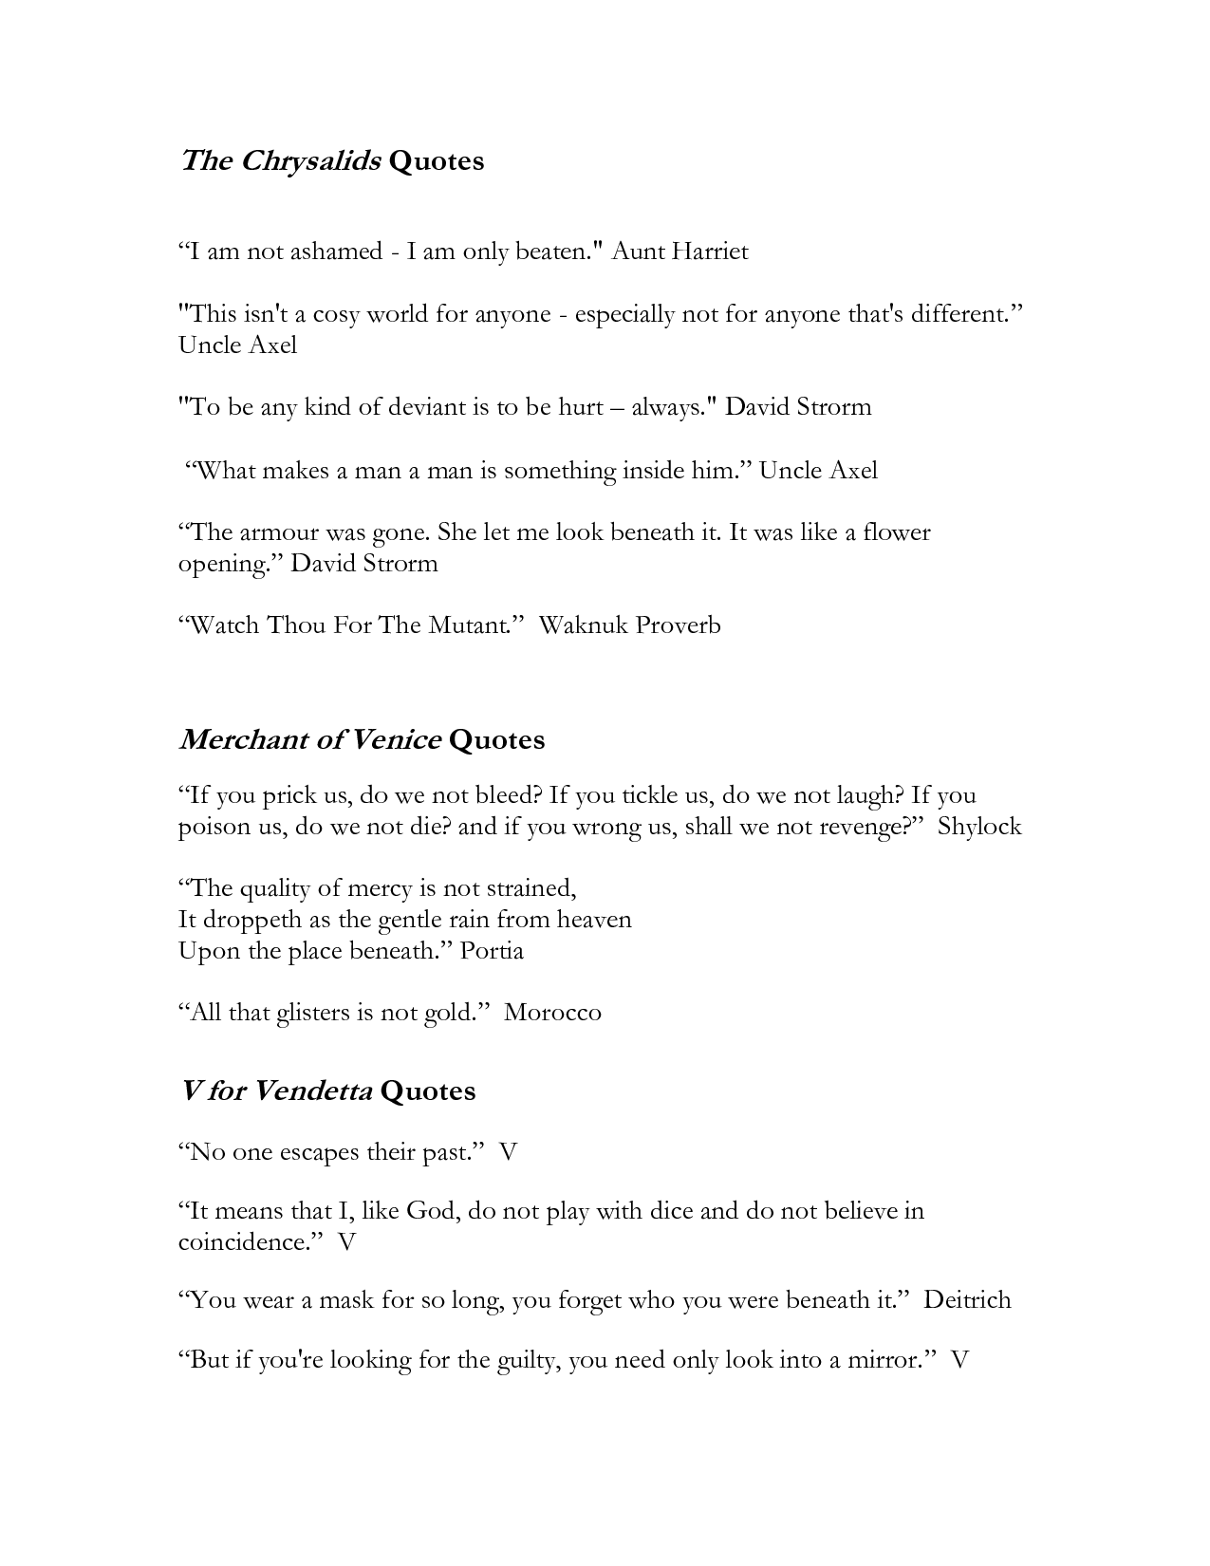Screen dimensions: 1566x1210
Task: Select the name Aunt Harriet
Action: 679,252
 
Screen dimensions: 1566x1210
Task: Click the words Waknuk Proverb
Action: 629,625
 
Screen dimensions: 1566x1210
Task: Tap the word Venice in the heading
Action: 396,739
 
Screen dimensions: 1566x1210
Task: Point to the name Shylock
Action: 979,827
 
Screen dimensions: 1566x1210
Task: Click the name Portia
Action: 492,951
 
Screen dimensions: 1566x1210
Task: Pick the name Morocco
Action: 552,1013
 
